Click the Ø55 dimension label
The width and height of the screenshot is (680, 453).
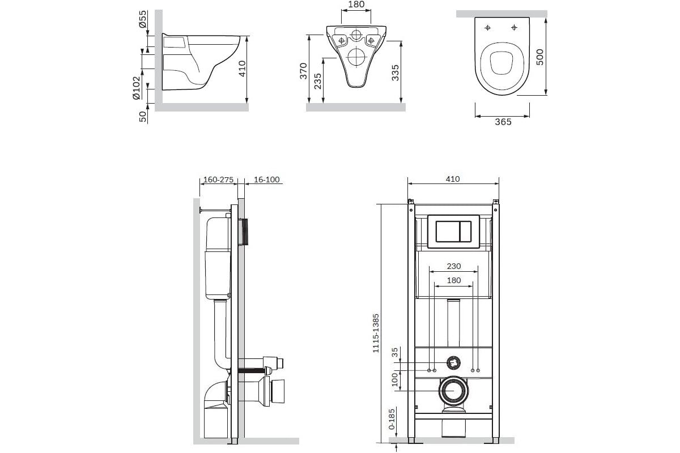tap(143, 20)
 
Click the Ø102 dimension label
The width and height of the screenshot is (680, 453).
tap(136, 88)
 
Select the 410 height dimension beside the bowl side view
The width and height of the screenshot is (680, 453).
tap(243, 69)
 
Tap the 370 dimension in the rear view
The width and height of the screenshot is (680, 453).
tap(304, 71)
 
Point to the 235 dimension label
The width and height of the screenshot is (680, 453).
tap(318, 82)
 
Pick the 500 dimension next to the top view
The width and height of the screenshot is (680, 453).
tap(539, 57)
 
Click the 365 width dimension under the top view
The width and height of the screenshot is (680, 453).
tap(503, 122)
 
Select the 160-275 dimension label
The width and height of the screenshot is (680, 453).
tap(218, 180)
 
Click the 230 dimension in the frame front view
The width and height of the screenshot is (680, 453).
tap(453, 266)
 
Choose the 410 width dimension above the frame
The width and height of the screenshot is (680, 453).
tap(452, 179)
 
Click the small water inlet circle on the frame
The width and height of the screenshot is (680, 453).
tap(453, 361)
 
